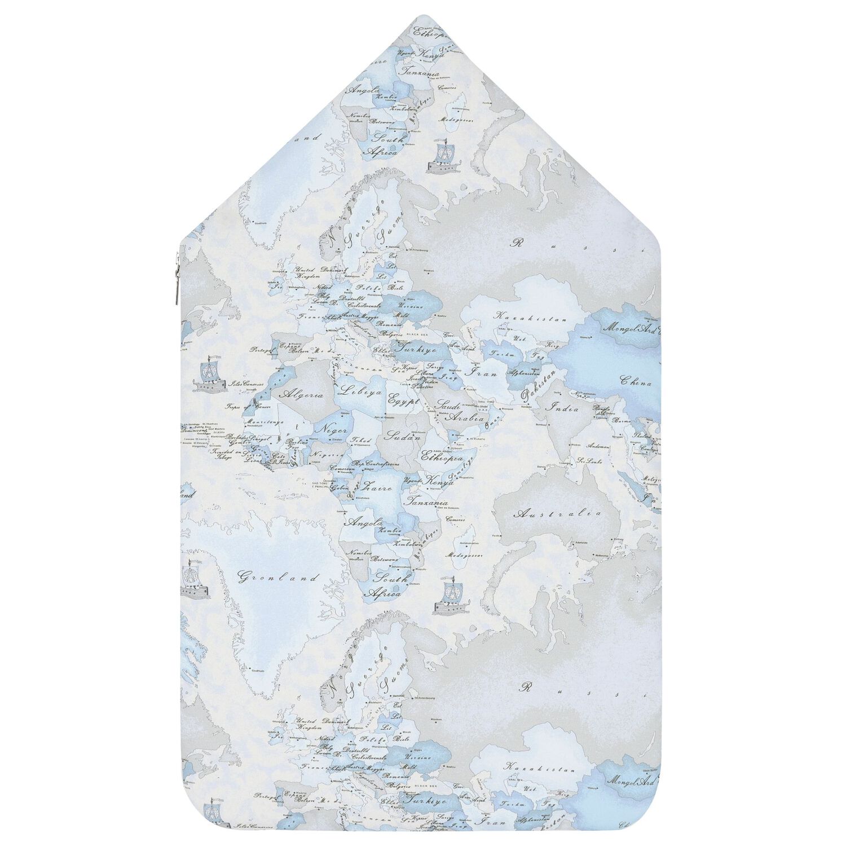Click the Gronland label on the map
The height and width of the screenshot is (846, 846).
pos(278,578)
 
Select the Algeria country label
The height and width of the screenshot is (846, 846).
pos(305,395)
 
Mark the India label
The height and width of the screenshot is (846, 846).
pos(564,408)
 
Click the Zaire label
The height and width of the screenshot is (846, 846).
pos(377,485)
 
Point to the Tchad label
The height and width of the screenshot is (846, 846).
pos(361,440)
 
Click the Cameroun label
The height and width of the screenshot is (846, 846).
pos(342,469)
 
